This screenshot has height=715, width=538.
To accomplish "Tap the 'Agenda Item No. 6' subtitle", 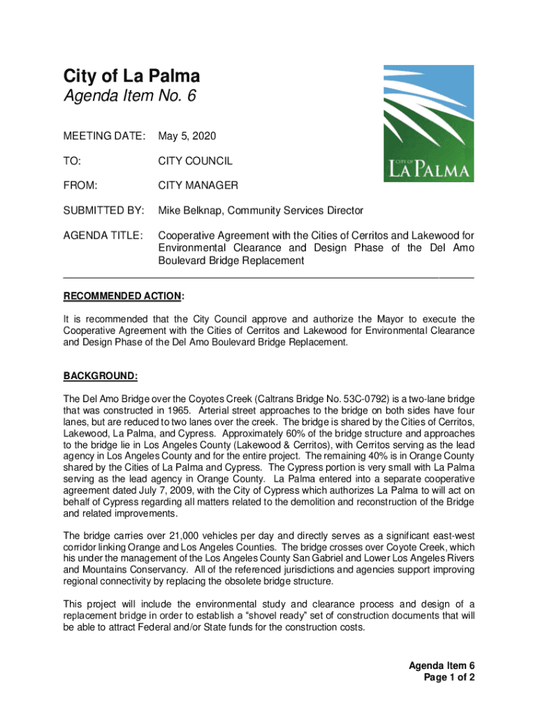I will click(129, 97).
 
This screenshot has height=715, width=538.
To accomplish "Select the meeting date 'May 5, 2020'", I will click(182, 134).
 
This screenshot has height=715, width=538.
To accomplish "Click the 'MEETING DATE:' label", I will click(105, 134).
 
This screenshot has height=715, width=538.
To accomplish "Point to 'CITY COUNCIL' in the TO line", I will click(195, 161).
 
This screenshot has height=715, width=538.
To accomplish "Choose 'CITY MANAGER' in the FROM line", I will click(198, 186).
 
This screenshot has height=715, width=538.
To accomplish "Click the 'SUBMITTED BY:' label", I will click(104, 210).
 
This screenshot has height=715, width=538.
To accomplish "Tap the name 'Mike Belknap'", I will click(189, 210).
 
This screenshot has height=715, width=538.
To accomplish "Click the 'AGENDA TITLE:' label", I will click(103, 235).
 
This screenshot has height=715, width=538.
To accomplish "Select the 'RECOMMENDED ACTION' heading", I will click(122, 296).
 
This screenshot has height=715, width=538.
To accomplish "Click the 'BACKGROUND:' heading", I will click(101, 376).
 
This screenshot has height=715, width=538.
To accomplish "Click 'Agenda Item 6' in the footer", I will click(442, 665).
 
